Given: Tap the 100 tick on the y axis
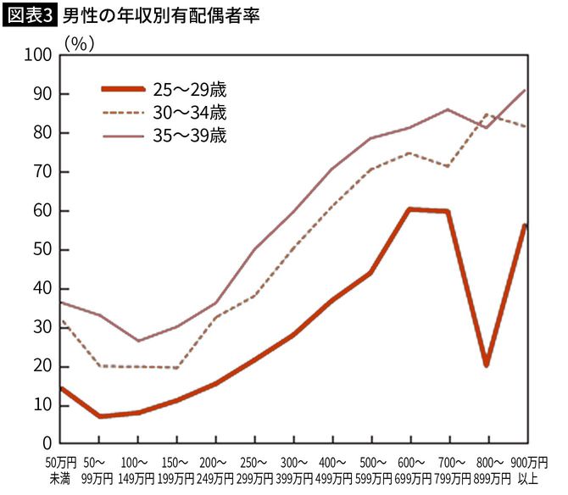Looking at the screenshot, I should click(x=38, y=55).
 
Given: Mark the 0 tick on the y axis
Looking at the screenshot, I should click(x=47, y=444).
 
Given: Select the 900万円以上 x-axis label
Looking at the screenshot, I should click(x=527, y=470).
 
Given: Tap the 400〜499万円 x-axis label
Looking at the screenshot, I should click(x=331, y=470).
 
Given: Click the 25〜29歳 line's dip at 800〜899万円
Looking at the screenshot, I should click(x=487, y=364).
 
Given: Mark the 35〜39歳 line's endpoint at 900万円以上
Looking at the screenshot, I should click(x=526, y=90).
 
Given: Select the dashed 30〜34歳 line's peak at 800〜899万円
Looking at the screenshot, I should click(x=487, y=114).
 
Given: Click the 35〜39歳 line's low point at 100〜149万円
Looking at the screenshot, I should click(x=137, y=341).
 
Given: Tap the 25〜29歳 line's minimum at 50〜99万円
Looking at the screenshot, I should click(x=98, y=416).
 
